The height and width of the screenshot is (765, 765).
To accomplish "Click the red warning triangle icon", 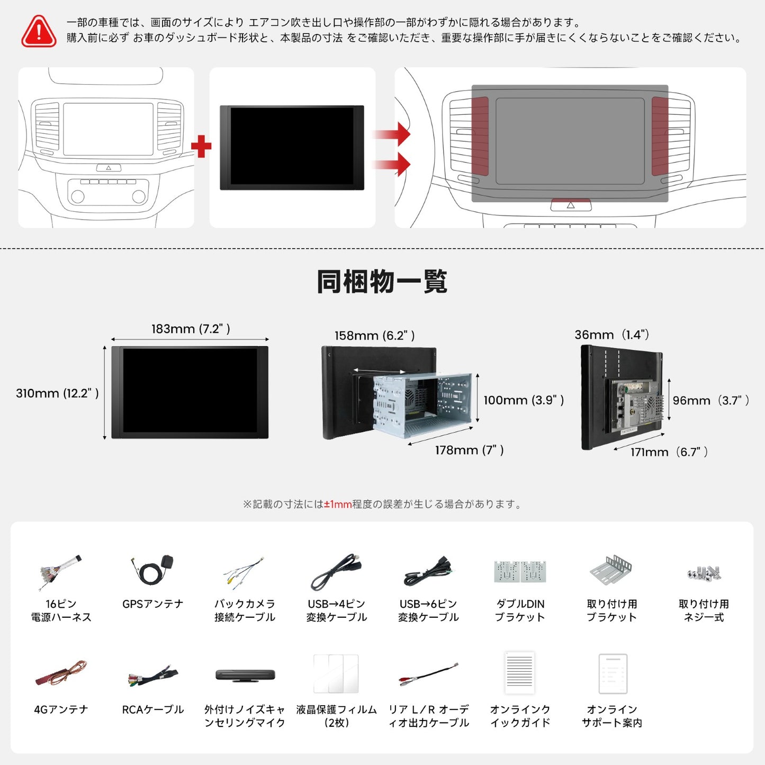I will tap(39, 31).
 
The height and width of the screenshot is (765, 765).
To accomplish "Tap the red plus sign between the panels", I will tap(201, 147).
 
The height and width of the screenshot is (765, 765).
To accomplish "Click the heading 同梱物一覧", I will tap(382, 282).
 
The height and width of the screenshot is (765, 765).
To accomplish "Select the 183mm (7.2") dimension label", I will tap(191, 329).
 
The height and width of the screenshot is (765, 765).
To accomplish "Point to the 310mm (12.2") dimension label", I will tap(57, 393).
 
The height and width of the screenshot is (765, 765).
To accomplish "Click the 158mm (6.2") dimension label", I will tap(374, 336).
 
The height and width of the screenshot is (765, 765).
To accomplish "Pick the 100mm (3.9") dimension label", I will tap(523, 400).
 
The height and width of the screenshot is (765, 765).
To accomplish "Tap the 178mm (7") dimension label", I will tap(469, 450).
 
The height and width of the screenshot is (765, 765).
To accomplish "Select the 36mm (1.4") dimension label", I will tap(611, 335).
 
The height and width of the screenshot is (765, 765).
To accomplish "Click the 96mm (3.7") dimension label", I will tap(710, 401).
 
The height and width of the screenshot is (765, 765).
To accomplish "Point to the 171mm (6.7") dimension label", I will tap(669, 452).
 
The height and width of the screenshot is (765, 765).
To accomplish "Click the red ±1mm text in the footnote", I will tap(338, 505).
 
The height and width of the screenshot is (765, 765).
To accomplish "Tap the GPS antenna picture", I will tap(153, 571).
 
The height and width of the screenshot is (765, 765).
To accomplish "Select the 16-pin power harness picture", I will tap(60, 572).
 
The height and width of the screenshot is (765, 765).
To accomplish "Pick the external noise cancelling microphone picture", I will tap(245, 675).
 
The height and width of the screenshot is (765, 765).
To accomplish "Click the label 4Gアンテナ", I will tap(61, 709).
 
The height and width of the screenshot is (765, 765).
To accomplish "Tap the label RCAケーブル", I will tap(153, 709).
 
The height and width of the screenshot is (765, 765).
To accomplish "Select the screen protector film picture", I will tap(336, 673).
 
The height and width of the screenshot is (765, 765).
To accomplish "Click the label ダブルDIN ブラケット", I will tap(520, 610).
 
